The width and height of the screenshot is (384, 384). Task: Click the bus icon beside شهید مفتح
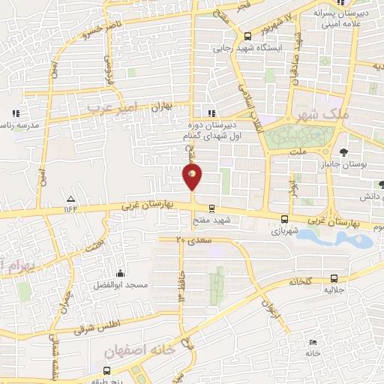point(212,208)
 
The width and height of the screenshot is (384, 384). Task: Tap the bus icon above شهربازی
point(283,220)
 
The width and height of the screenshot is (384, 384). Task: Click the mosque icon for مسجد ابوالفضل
point(120,273)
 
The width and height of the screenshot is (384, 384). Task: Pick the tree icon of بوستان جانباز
point(343,151)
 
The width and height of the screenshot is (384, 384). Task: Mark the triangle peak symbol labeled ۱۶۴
point(70,199)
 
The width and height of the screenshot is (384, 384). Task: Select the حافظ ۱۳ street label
point(181,285)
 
